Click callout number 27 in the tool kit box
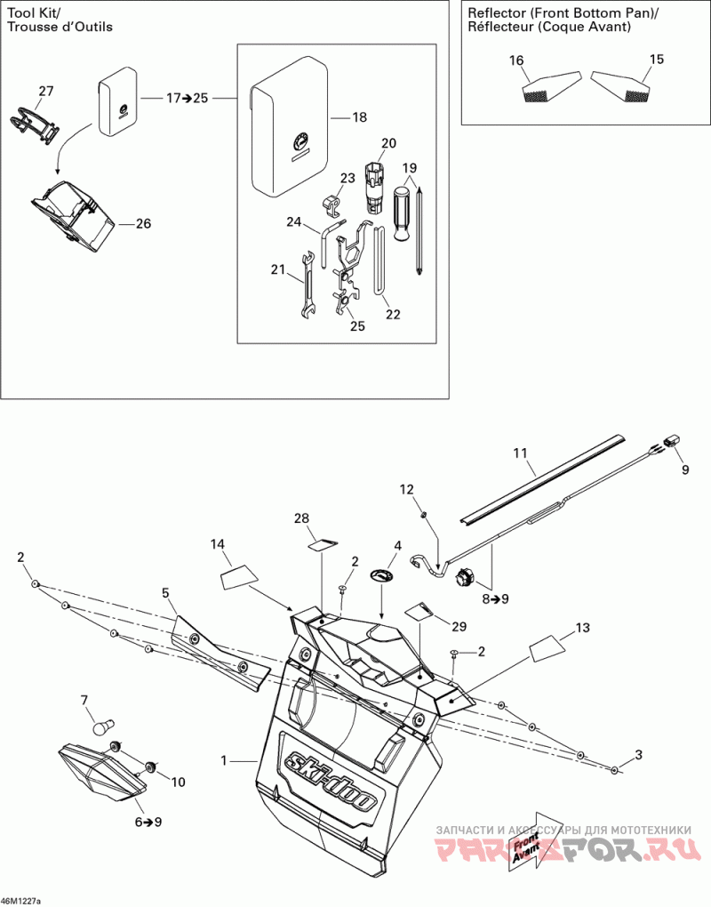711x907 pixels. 45,91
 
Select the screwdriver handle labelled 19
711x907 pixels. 403,211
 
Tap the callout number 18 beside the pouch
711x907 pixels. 359,117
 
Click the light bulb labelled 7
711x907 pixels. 103,726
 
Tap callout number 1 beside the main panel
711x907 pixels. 225,760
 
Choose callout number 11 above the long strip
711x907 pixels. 520,453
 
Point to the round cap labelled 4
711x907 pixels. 381,576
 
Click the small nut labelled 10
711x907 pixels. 151,766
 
